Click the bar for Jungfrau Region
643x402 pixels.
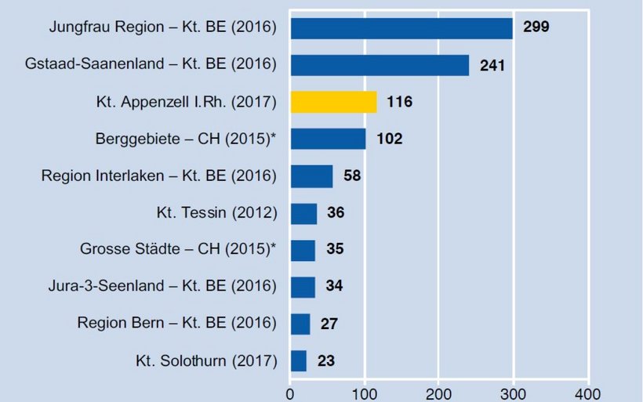401,27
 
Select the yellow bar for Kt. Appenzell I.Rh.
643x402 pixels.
333,102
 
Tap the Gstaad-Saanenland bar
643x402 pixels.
380,64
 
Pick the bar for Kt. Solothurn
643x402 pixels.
299,360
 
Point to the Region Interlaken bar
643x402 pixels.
311,176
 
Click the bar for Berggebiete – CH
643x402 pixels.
328,139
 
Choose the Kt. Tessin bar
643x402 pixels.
303,213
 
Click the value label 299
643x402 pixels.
536,27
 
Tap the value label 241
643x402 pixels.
492,64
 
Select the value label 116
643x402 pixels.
399,102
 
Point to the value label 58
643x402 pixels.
352,176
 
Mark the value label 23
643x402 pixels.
326,361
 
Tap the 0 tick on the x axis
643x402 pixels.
290,392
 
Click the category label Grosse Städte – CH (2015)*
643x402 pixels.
179,249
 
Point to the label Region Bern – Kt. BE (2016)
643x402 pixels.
177,323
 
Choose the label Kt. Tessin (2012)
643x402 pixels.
217,212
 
